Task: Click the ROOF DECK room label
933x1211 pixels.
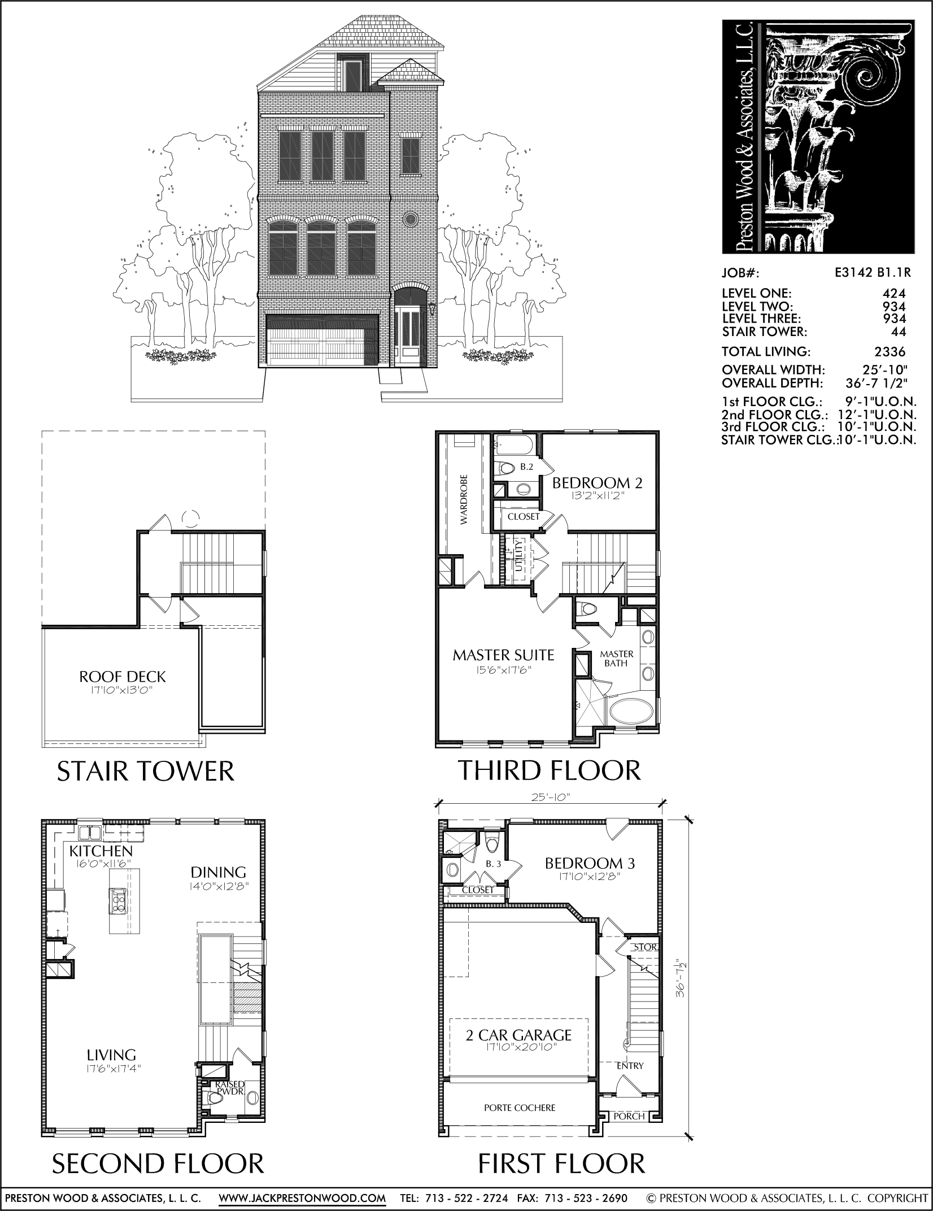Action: pyautogui.click(x=123, y=677)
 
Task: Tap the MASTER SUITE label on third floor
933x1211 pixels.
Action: pyautogui.click(x=503, y=655)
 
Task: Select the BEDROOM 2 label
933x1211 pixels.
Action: pyautogui.click(x=597, y=483)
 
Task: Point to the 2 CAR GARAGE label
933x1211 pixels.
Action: pyautogui.click(x=518, y=1035)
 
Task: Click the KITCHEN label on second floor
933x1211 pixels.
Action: pyautogui.click(x=101, y=851)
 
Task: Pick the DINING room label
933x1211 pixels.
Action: pyautogui.click(x=218, y=873)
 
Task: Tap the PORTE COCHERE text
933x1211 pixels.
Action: pyautogui.click(x=520, y=1108)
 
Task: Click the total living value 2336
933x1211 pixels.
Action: pyautogui.click(x=890, y=352)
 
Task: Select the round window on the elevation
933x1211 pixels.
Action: pyautogui.click(x=411, y=219)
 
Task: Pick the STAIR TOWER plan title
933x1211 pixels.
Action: pyautogui.click(x=145, y=771)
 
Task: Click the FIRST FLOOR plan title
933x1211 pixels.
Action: pyautogui.click(x=561, y=1159)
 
